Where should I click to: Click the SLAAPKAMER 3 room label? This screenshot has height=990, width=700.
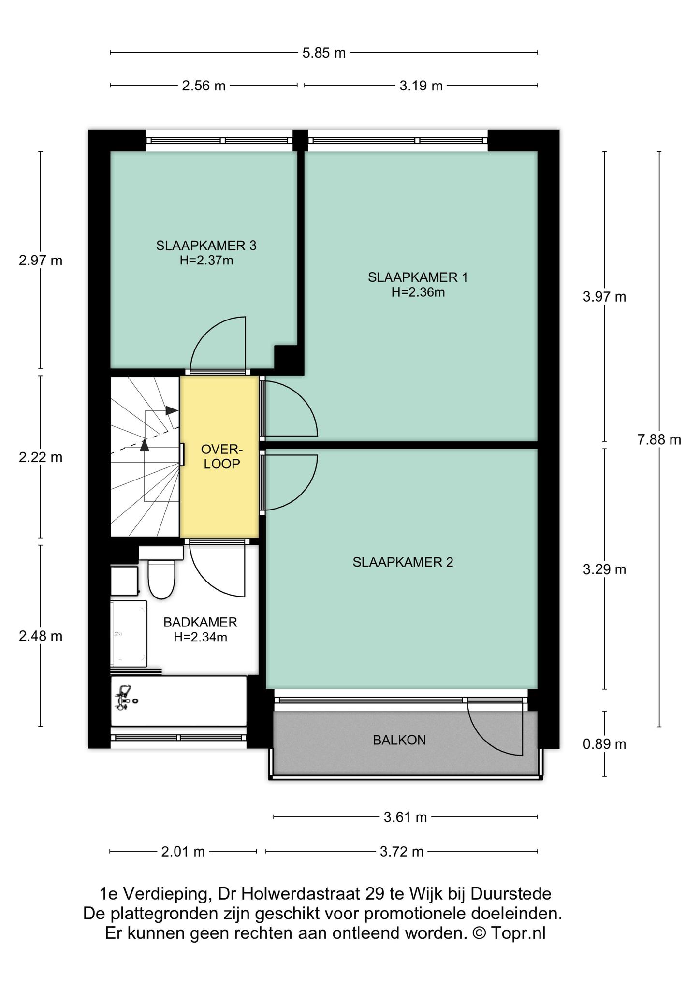pos(206,246)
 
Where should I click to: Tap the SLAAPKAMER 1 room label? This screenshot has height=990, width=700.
pos(418,277)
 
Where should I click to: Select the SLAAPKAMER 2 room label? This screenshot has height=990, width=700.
pos(403,562)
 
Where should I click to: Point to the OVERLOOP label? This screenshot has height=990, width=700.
pos(221,457)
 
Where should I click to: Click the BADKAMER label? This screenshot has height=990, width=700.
pos(200,622)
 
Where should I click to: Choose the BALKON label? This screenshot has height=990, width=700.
pos(399,740)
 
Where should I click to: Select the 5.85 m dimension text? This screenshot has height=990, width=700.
pos(324,53)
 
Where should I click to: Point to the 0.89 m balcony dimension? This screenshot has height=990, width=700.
pos(604,744)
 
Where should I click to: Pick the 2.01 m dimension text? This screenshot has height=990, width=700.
pos(183,851)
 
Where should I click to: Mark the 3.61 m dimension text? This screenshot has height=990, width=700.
pos(405,817)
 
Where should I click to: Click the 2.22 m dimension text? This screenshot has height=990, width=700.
pos(41,457)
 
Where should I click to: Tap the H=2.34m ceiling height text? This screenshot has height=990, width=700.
pos(200,637)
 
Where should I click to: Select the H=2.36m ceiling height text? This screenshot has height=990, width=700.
pos(418,292)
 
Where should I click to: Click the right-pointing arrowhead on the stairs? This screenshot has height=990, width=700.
pos(172,410)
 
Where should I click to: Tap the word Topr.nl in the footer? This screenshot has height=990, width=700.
pos(518,933)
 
